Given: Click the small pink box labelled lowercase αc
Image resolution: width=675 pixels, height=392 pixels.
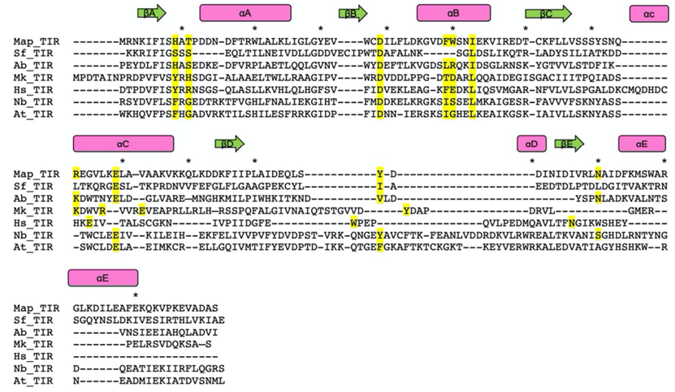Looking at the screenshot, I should [648, 13].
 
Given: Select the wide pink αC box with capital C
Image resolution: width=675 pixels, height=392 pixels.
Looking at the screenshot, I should [123, 144].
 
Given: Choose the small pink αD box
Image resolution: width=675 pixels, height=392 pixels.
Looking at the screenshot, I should [531, 144].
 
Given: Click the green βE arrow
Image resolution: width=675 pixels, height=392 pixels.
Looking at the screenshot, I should [569, 144].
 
